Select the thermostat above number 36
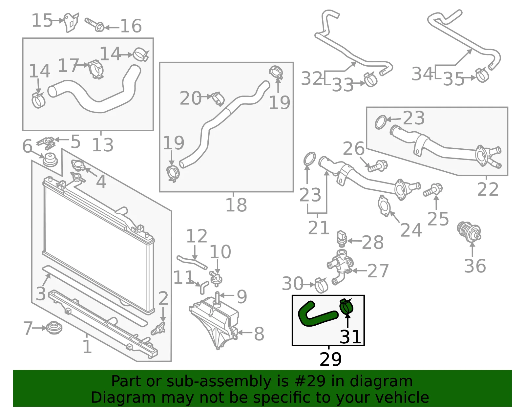pos(469,232)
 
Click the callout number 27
pos(378,271)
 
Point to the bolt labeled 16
pos(94,25)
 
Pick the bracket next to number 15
pos(71,22)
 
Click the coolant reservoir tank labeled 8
pos(214,323)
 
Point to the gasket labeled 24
pos(384,206)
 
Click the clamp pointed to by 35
pos(482,75)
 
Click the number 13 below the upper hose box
pos(103,145)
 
